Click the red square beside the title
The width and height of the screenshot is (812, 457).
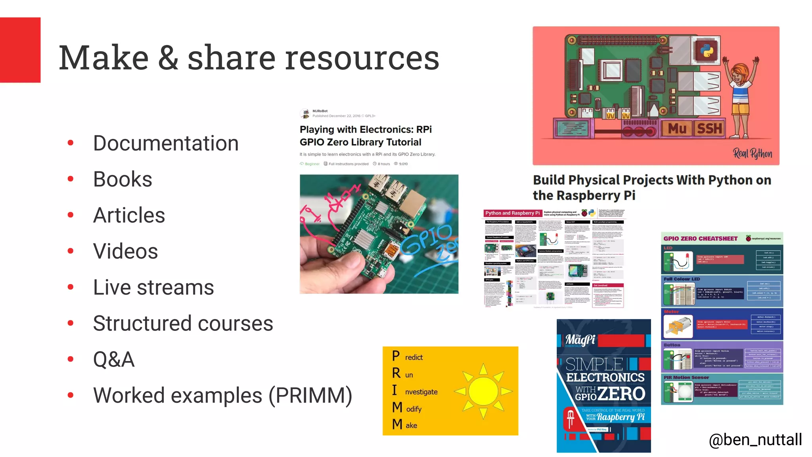point(20,50)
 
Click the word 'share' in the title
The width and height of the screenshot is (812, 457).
point(231,58)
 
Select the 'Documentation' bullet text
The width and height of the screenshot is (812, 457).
point(166,143)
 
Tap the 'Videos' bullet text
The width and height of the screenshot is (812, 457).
point(125,251)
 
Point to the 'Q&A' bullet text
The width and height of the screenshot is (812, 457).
point(114,359)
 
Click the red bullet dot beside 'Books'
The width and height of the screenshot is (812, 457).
point(71,179)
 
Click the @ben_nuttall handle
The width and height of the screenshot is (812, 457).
point(755,440)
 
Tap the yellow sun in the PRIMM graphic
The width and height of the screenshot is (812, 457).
point(483,391)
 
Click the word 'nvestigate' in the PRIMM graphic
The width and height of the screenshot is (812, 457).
point(421,392)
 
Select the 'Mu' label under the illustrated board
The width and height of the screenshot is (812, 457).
point(677,129)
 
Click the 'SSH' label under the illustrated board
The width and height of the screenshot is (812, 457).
point(710,129)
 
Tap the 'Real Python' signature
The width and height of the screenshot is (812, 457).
point(752,153)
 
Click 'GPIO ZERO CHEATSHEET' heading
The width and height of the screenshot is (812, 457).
point(700,239)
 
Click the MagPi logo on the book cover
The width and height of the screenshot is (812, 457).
point(580,340)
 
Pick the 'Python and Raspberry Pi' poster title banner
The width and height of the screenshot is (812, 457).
point(512,213)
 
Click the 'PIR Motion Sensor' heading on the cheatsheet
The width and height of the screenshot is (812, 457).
point(686,378)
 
